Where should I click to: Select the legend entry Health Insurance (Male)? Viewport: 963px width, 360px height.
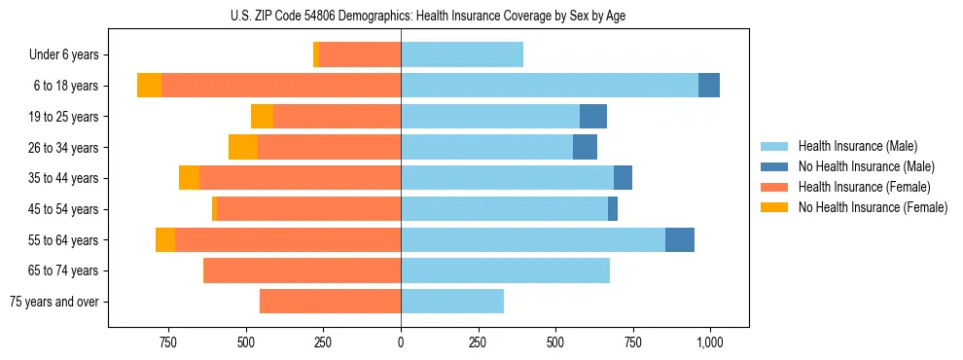coord(857,146)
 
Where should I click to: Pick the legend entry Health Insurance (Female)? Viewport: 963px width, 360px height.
coord(864,187)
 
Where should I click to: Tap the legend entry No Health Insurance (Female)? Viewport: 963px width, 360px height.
coord(873,207)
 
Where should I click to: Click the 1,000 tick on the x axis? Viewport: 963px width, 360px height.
coord(709,342)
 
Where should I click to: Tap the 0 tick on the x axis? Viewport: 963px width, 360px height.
coord(401,342)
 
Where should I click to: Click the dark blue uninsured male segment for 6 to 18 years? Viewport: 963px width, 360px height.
coord(709,86)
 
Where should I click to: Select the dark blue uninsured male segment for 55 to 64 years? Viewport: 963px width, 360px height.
coord(680,239)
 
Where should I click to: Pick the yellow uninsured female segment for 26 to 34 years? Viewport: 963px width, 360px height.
coord(243,147)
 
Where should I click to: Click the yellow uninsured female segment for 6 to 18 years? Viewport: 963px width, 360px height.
coord(149,86)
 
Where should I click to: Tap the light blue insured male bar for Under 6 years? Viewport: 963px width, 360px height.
coord(462,55)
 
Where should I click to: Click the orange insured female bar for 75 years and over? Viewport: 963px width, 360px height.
coord(330,302)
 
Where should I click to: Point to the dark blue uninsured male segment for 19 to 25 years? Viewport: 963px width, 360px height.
coord(593,117)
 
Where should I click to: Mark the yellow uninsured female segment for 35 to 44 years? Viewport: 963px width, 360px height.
coord(189,178)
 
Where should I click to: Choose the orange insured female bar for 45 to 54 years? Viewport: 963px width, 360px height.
coord(308,209)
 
